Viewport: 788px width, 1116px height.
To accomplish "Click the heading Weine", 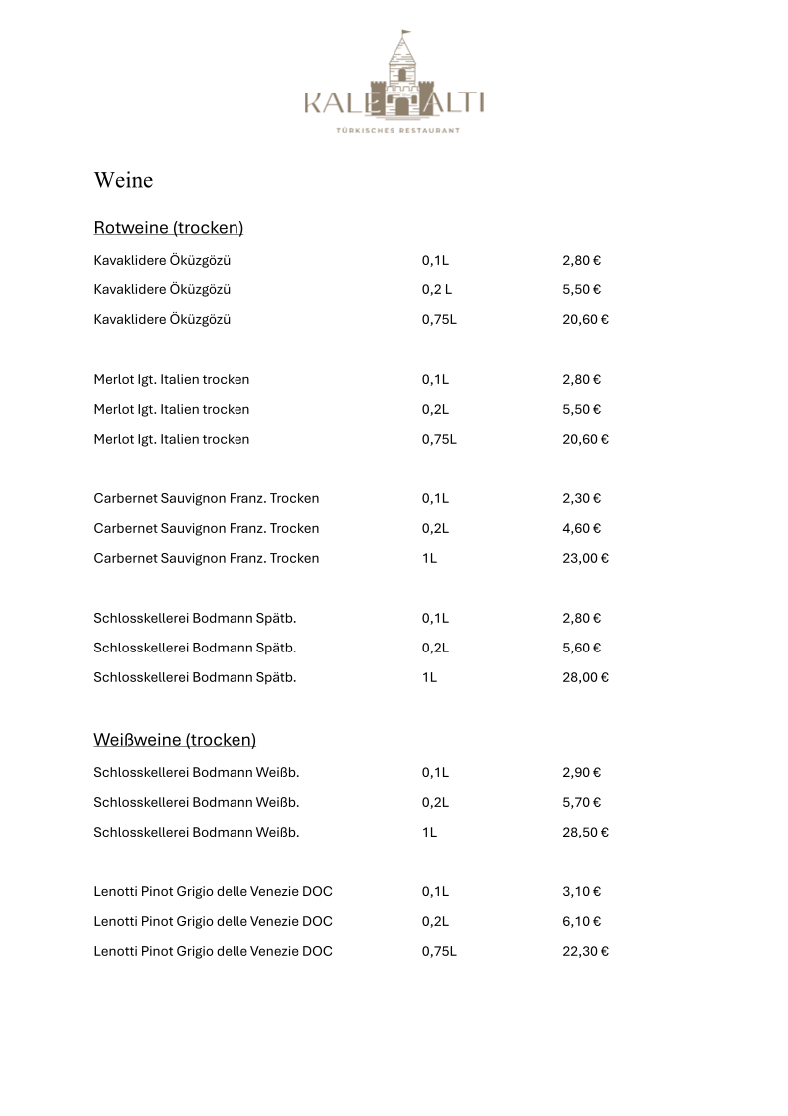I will click(x=123, y=180).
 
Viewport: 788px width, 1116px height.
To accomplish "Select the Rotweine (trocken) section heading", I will click(x=168, y=228).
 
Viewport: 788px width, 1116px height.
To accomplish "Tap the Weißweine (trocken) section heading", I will click(x=175, y=740).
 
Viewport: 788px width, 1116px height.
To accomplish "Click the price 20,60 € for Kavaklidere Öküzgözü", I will click(x=585, y=320).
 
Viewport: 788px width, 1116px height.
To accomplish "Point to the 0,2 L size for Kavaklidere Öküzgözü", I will click(x=436, y=290).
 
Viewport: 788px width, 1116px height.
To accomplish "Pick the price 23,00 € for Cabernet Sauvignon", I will click(x=585, y=559).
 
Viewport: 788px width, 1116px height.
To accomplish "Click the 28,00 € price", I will click(x=585, y=678).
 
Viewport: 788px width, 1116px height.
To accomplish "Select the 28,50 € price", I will click(x=585, y=833).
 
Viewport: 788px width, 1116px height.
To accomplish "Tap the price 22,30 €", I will click(x=585, y=952).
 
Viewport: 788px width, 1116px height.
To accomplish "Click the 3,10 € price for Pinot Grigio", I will click(x=582, y=892).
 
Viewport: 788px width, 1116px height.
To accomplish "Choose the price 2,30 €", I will click(x=582, y=499).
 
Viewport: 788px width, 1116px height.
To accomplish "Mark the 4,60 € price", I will click(x=582, y=529).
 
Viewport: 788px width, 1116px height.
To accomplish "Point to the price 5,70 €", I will click(x=582, y=803).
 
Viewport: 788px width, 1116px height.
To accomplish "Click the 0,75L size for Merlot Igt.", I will click(x=439, y=440).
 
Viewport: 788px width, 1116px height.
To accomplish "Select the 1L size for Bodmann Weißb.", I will click(x=429, y=833).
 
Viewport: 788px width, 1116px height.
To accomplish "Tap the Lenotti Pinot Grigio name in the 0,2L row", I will click(x=213, y=922).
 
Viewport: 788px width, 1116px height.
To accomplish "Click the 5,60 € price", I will click(x=582, y=649).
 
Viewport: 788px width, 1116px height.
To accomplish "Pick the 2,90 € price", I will click(x=582, y=773).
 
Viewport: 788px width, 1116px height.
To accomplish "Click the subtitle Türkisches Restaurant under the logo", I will click(x=394, y=130).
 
